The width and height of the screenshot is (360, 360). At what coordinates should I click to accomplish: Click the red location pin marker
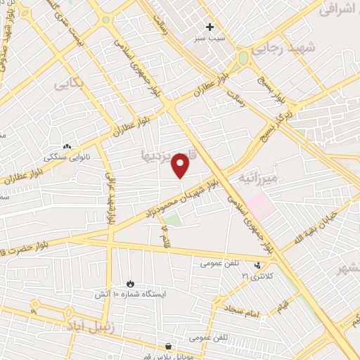tap(181, 165)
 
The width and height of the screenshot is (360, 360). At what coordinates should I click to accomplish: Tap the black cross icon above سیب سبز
tap(210, 27)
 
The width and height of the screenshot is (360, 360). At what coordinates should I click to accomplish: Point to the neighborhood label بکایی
tap(70, 84)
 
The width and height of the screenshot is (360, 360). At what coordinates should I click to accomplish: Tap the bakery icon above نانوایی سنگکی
tap(68, 146)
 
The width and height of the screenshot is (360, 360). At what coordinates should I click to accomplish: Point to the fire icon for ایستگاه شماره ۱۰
tap(129, 283)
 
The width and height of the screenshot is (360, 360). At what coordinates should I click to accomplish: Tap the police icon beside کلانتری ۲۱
tap(258, 266)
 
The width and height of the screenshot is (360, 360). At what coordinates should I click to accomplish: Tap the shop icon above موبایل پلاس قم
tap(168, 347)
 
